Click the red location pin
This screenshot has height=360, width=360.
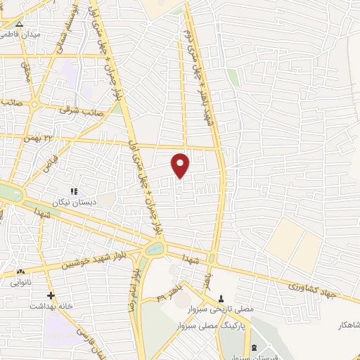click(x=181, y=165)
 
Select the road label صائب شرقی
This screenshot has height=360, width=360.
click(x=82, y=111)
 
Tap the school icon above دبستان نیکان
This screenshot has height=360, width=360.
click(x=73, y=190)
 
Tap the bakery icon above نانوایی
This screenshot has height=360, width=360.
click(x=20, y=272)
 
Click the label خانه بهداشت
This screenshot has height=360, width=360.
click(x=51, y=307)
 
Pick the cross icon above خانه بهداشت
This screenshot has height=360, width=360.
click(x=50, y=296)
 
